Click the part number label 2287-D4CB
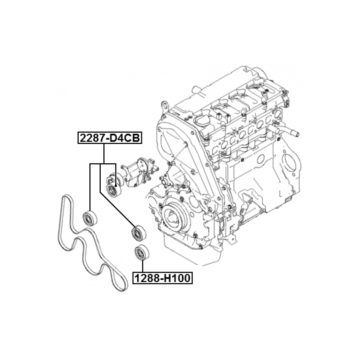(110, 138)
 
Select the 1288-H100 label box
(162, 278)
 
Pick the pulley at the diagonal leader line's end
(139, 233)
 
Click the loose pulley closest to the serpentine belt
(90, 218)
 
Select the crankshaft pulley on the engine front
(174, 216)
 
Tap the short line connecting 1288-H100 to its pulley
(142, 266)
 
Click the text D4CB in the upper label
(124, 138)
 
